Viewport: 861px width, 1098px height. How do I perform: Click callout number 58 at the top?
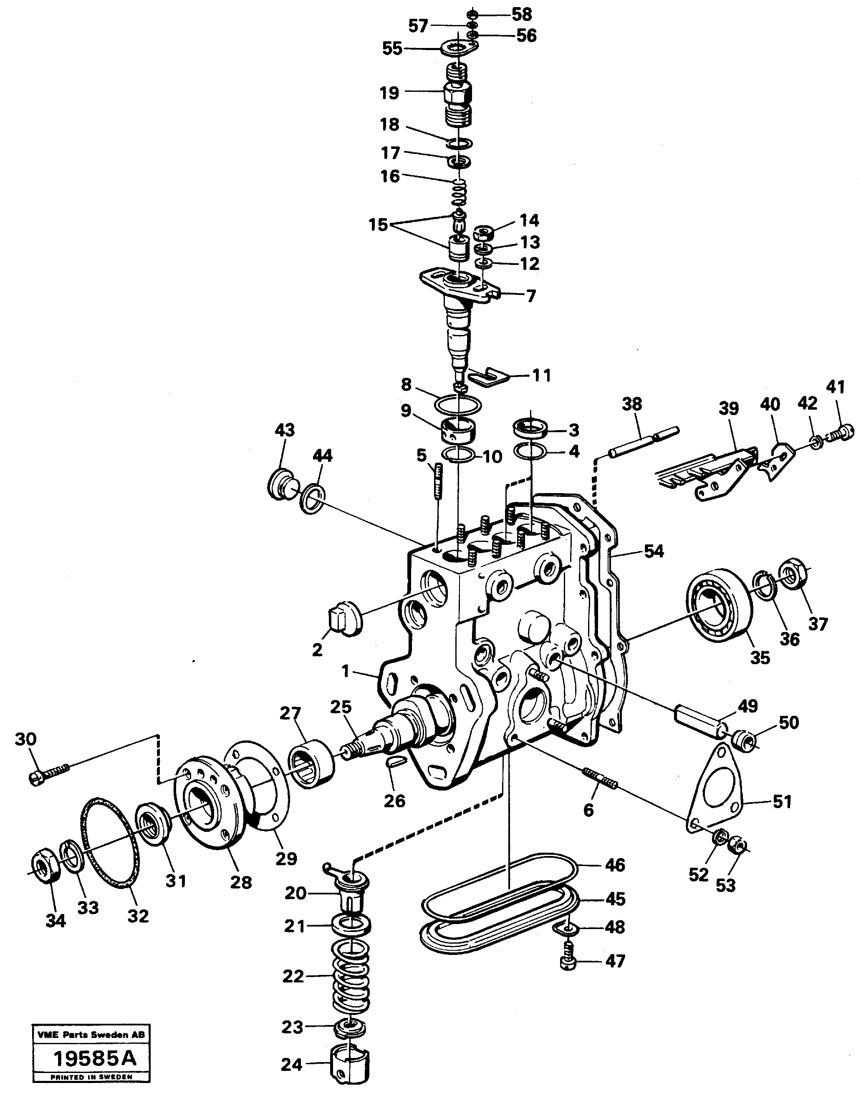coord(522,14)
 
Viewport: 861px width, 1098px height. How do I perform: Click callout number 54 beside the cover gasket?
coord(654,551)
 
